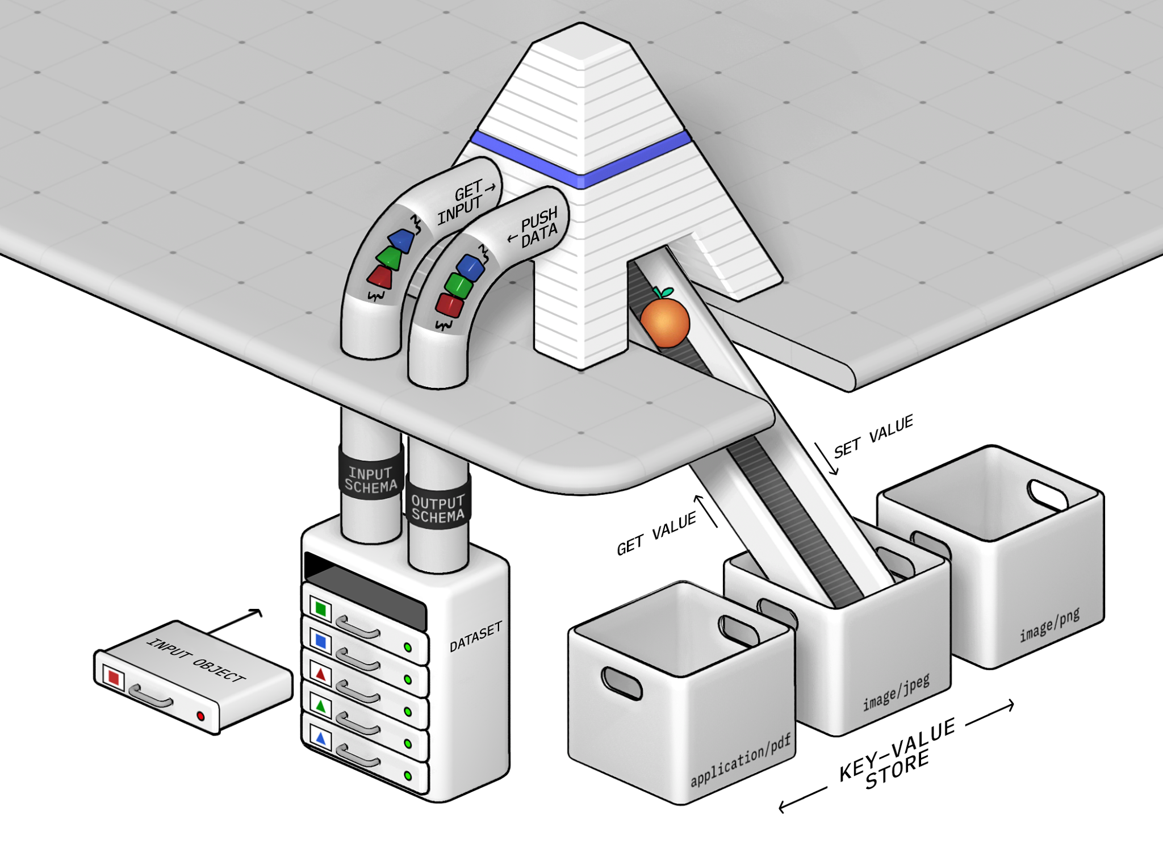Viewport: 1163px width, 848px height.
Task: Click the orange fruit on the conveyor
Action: (664, 321)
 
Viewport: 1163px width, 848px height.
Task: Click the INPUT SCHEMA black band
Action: (371, 479)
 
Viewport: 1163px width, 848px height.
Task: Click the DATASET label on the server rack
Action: (476, 637)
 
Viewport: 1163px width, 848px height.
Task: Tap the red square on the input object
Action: (114, 677)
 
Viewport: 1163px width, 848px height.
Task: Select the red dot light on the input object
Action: (200, 716)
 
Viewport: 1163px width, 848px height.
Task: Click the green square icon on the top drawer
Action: (321, 609)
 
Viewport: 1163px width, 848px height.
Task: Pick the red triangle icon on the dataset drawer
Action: (321, 674)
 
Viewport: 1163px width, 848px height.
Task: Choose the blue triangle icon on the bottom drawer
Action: (321, 738)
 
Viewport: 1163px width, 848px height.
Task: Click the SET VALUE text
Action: (873, 436)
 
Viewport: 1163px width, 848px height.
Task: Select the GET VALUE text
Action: (656, 533)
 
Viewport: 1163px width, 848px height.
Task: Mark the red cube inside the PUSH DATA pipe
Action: (449, 305)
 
